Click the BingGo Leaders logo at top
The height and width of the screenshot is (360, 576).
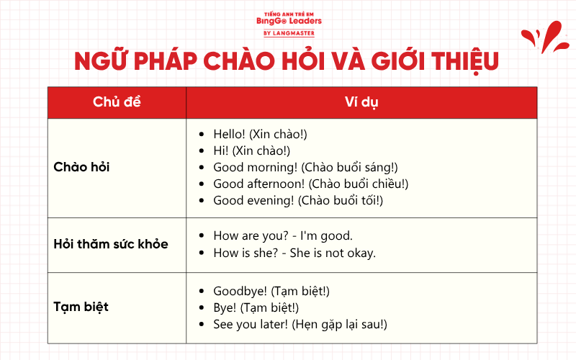coord(289,21)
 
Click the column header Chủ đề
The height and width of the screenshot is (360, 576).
coord(117,102)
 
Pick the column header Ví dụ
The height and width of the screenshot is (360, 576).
coord(361,102)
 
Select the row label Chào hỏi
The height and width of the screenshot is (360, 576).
coord(81,167)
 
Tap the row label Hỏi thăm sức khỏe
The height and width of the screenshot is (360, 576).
coord(110,244)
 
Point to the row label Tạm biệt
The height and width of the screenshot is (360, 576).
coord(81,307)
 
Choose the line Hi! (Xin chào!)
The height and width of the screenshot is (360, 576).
coord(251,150)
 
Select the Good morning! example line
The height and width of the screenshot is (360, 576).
coord(305,167)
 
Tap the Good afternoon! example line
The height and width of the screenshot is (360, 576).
coord(310,184)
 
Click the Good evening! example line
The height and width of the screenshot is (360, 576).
coord(298,200)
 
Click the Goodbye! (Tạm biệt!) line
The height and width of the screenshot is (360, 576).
coord(271,291)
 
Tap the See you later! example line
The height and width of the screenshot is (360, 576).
coord(300,324)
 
